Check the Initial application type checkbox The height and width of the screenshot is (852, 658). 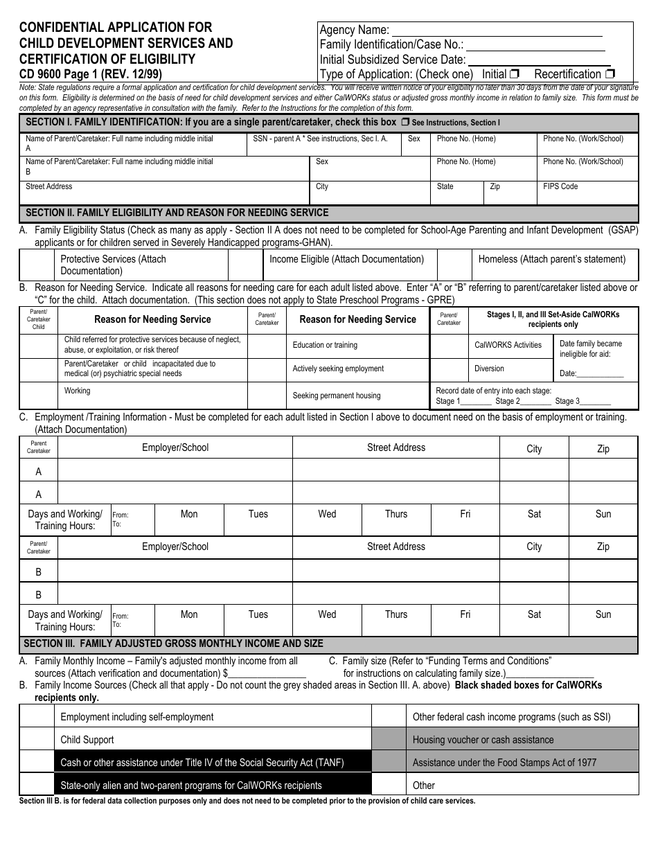515,74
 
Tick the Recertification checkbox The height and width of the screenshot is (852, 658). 610,74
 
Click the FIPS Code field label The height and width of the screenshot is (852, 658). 560,186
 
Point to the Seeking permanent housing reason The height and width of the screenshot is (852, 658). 336,396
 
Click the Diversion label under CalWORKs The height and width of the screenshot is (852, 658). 489,369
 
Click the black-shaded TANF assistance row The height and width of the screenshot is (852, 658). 213,763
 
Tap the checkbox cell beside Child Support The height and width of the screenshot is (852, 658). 37,740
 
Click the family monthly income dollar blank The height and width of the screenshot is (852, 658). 267,673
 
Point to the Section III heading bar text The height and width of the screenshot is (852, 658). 173,644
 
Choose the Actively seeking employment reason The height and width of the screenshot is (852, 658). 338,369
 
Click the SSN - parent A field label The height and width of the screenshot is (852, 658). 320,139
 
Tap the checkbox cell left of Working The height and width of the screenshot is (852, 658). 38,396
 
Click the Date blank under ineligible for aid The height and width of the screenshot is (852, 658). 601,374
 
